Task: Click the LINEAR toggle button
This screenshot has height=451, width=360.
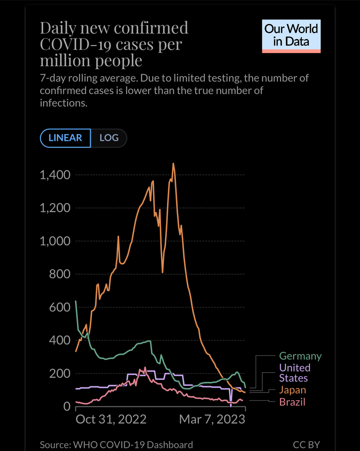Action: (x=65, y=138)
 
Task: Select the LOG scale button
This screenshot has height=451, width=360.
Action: (x=109, y=138)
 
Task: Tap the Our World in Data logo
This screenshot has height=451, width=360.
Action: (x=291, y=36)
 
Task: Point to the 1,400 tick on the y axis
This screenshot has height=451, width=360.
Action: (x=54, y=175)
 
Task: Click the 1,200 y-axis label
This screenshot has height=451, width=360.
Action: (x=54, y=208)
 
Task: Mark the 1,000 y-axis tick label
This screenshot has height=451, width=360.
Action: (x=54, y=241)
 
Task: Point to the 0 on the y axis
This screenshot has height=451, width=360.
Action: (x=66, y=406)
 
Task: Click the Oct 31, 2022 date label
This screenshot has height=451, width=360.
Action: (x=111, y=420)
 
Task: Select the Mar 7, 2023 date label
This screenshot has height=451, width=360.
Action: (x=212, y=420)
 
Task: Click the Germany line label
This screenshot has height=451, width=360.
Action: (x=300, y=356)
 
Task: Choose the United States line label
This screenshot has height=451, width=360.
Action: (x=294, y=373)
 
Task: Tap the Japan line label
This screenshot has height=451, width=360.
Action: (x=292, y=390)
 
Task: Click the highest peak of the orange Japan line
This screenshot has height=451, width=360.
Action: (x=173, y=164)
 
